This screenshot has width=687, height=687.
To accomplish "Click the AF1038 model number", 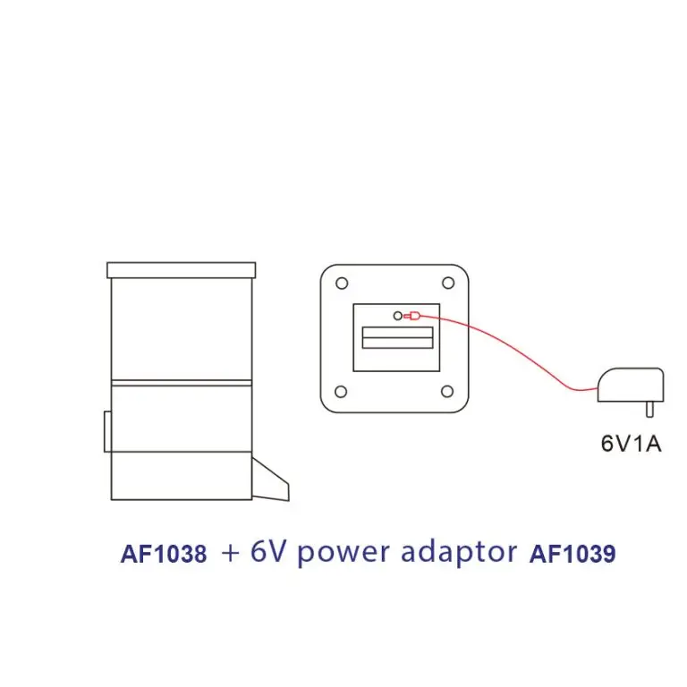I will pyautogui.click(x=164, y=555).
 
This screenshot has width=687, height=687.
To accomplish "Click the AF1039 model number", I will pyautogui.click(x=572, y=555).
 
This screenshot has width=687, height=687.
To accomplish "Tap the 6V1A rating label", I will pyautogui.click(x=631, y=443).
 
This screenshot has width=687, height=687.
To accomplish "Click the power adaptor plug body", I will pyautogui.click(x=631, y=385).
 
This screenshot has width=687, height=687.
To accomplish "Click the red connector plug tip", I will pyautogui.click(x=411, y=316).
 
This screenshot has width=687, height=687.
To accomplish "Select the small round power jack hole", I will pyautogui.click(x=397, y=316).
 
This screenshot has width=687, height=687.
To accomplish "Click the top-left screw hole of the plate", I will pyautogui.click(x=341, y=284).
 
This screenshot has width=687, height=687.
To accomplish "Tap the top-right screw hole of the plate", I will pyautogui.click(x=447, y=284).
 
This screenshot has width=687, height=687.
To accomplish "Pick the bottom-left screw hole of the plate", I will pyautogui.click(x=341, y=391).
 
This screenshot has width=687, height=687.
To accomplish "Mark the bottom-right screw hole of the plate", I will pyautogui.click(x=447, y=391).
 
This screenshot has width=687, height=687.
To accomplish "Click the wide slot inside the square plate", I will pyautogui.click(x=397, y=337).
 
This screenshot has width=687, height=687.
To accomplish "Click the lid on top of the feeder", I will pyautogui.click(x=181, y=269).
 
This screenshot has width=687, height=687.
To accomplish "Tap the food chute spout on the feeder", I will pyautogui.click(x=271, y=483).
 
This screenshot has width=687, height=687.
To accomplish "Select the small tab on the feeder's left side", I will pyautogui.click(x=107, y=431).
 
